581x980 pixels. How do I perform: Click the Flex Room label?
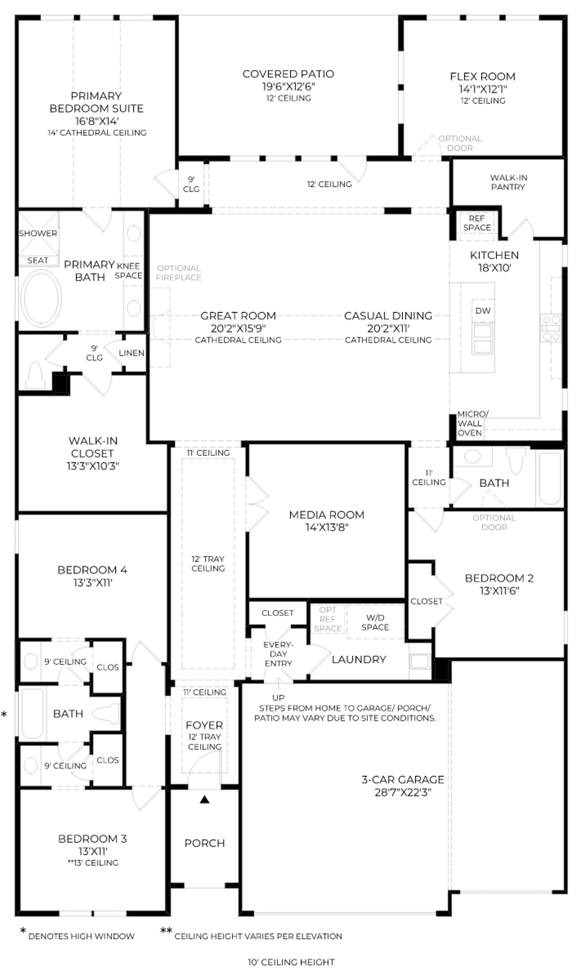click(x=482, y=77)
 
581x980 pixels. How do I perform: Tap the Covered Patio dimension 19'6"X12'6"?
click(x=288, y=87)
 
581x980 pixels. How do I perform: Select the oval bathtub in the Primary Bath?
click(x=42, y=299)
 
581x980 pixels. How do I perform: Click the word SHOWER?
click(x=38, y=233)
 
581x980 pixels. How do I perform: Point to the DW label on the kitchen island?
click(x=483, y=311)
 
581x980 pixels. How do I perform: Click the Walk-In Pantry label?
click(x=508, y=182)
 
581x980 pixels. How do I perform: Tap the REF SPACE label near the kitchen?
click(x=477, y=223)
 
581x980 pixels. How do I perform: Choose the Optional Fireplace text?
click(x=179, y=273)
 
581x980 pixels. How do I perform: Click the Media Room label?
click(x=326, y=515)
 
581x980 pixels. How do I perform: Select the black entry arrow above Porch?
click(x=204, y=800)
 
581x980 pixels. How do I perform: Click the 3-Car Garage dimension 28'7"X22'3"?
click(x=403, y=792)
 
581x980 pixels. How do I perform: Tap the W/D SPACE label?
click(x=375, y=622)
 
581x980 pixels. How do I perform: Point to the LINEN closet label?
click(x=131, y=353)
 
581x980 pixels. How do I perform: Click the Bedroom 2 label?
click(x=499, y=578)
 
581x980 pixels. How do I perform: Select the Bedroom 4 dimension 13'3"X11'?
click(x=93, y=583)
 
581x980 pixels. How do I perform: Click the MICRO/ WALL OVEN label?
click(x=472, y=423)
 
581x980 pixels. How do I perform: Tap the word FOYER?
click(x=204, y=725)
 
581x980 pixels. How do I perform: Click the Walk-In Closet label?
click(x=92, y=447)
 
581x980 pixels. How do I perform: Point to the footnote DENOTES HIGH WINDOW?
click(x=82, y=936)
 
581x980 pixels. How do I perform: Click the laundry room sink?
click(x=420, y=661)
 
